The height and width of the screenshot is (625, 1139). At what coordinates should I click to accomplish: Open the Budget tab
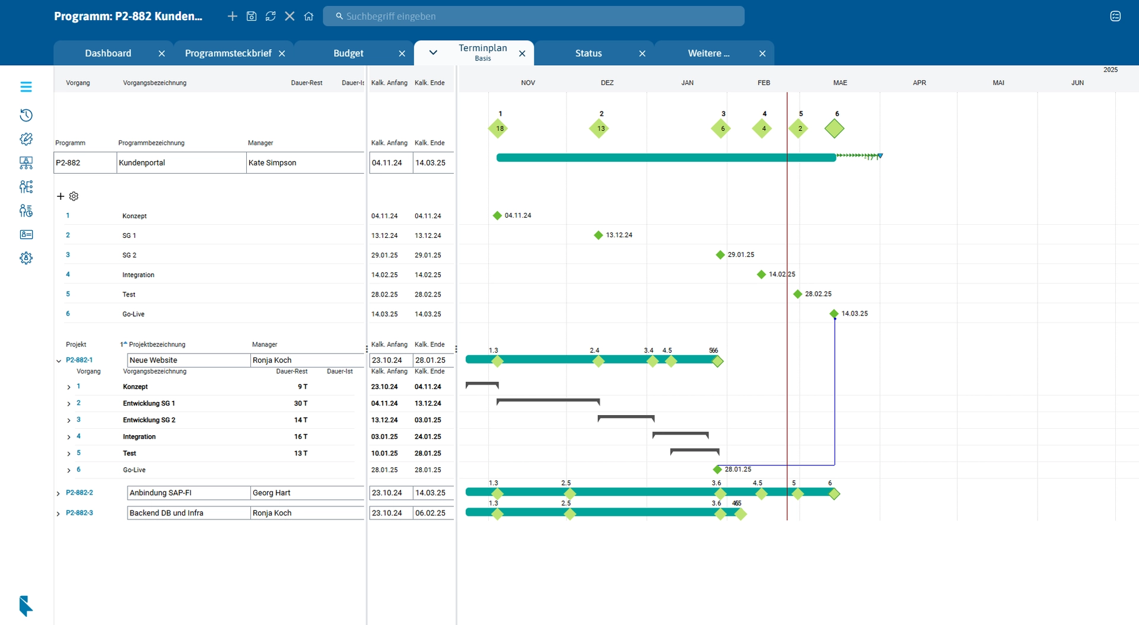pos(348,53)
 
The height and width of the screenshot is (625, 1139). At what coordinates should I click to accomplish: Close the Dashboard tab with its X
pos(161,53)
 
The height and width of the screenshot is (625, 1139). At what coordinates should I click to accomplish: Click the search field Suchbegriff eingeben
pos(534,16)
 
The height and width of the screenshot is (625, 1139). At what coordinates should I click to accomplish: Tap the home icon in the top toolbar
pos(308,16)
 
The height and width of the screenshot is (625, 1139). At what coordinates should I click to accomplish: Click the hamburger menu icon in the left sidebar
pos(26,87)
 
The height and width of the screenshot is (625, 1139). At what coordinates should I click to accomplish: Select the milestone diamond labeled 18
pos(498,128)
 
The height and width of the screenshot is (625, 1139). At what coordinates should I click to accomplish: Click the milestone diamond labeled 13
pos(600,128)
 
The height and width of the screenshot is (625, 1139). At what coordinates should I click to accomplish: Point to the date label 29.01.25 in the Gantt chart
pos(741,254)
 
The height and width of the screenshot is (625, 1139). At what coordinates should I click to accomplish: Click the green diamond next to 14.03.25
pos(834,313)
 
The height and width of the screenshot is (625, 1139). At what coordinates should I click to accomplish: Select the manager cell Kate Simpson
pos(304,162)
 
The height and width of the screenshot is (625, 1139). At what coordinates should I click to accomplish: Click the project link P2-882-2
pos(79,493)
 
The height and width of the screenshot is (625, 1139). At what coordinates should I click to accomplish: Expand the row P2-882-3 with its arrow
pos(58,514)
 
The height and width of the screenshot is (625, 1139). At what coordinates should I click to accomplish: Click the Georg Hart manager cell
pos(306,493)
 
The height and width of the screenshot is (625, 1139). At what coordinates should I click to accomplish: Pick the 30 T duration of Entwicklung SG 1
pos(301,403)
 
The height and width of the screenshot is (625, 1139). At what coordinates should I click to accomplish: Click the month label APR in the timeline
pos(919,83)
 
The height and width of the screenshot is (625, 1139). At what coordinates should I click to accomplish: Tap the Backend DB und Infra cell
pos(188,513)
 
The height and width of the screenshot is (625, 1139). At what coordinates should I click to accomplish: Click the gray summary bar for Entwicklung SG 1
pos(548,401)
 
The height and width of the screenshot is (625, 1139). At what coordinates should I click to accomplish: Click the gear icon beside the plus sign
pos(74,196)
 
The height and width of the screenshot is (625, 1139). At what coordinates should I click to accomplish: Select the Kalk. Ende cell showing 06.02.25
pos(431,513)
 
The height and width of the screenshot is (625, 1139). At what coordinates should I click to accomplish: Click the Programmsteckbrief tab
pos(228,53)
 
